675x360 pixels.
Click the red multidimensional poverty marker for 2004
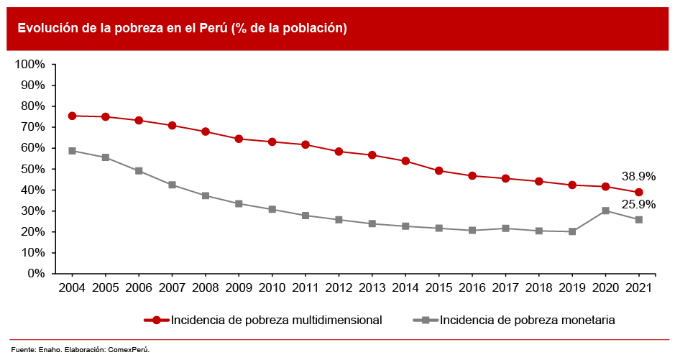(72, 116)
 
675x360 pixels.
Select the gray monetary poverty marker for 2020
(605, 211)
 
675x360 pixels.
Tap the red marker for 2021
(638, 193)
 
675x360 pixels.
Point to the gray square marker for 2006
(139, 171)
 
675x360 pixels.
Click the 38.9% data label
(638, 176)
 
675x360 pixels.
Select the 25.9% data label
(638, 204)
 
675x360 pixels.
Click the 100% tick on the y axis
(29, 64)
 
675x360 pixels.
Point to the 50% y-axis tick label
(32, 169)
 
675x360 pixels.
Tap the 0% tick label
(35, 274)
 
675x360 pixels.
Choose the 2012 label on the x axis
(339, 287)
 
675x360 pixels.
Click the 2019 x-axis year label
(571, 287)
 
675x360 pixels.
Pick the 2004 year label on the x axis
(72, 287)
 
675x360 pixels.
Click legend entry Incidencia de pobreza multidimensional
(276, 320)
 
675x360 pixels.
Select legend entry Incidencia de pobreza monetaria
(527, 320)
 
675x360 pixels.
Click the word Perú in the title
(210, 28)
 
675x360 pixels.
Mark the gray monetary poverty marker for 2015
(438, 229)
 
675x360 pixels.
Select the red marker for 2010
(272, 142)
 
